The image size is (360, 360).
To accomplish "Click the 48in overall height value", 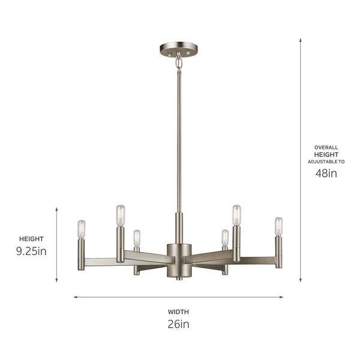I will (326, 173).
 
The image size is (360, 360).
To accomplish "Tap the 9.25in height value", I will (31, 251).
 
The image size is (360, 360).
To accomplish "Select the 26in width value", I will (178, 325).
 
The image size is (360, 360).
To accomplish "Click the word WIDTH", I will (178, 311).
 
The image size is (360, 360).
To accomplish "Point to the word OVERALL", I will (326, 147).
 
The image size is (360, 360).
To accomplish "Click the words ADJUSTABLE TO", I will (326, 161).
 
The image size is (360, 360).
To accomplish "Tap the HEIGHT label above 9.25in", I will (31, 238).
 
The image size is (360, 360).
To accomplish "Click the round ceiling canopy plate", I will (178, 48).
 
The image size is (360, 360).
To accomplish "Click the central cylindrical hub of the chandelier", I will (179, 259).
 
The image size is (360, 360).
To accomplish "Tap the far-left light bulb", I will (81, 229).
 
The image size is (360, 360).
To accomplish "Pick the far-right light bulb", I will (278, 226).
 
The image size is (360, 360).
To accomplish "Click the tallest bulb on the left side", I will (120, 215).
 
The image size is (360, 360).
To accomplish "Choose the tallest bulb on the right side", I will (236, 215).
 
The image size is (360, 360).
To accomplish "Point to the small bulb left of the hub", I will (137, 238).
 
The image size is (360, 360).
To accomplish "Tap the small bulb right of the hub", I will (225, 238).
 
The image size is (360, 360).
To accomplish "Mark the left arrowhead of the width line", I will (76, 296).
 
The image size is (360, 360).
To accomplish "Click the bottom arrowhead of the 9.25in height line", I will (57, 280).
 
